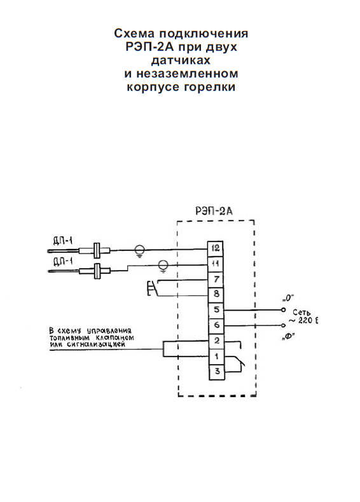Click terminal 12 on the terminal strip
(x=216, y=248)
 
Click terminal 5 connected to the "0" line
(x=216, y=310)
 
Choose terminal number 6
(x=216, y=325)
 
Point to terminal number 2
(x=217, y=341)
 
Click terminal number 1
(x=217, y=356)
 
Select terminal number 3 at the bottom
(x=217, y=372)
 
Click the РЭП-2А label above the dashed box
(x=214, y=212)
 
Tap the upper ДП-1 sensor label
(x=63, y=241)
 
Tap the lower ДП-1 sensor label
(x=63, y=262)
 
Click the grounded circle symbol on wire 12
(x=139, y=250)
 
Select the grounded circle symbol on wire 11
(x=163, y=266)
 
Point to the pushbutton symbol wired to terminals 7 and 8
(x=151, y=288)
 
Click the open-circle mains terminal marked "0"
(x=283, y=310)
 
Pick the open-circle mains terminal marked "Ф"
(x=283, y=325)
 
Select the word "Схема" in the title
(x=134, y=33)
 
